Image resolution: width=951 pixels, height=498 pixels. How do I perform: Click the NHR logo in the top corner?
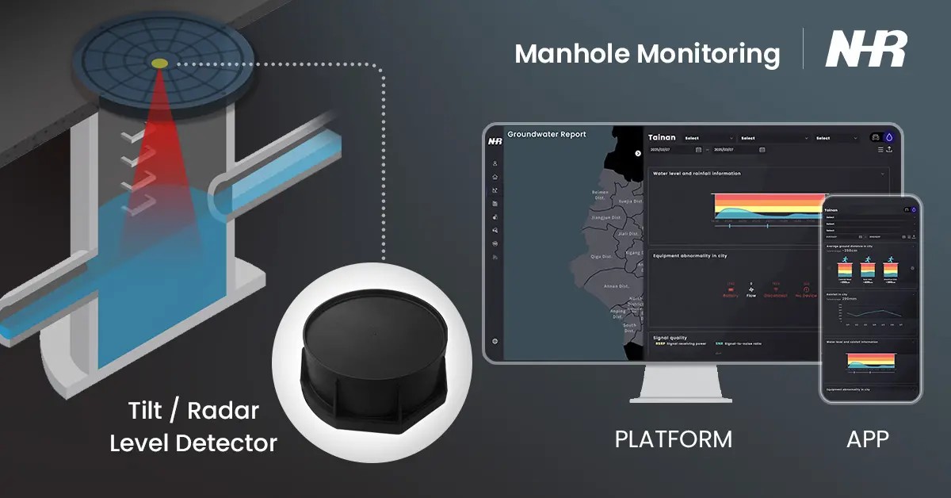(x=865, y=50)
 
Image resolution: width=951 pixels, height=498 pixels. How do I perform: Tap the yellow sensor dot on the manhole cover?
(x=159, y=63)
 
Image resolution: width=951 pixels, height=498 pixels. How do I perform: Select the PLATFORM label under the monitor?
(x=673, y=439)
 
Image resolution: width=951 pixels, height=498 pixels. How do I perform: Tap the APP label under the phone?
(x=868, y=439)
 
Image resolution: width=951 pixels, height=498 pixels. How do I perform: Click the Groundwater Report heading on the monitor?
(x=547, y=135)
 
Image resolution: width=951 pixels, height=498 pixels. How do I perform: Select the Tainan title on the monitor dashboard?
(x=662, y=137)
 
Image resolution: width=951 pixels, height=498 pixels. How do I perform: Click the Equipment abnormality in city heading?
(x=689, y=256)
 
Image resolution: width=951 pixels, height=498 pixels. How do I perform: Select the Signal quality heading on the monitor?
(x=670, y=337)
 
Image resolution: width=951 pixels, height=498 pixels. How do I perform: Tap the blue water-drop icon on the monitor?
(x=889, y=137)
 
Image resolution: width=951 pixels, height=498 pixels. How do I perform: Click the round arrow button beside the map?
(x=638, y=153)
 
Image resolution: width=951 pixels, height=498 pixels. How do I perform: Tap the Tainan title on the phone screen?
(x=831, y=210)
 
